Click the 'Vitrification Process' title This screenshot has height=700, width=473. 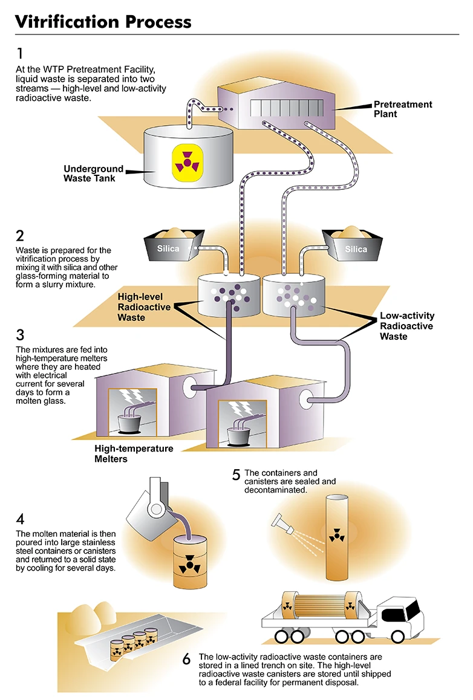pyautogui.click(x=103, y=21)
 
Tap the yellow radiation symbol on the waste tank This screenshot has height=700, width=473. pyautogui.click(x=188, y=163)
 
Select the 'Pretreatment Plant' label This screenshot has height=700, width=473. pyautogui.click(x=403, y=109)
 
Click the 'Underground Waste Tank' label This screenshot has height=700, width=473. pyautogui.click(x=93, y=173)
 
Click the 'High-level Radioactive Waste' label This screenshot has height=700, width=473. pyautogui.click(x=144, y=306)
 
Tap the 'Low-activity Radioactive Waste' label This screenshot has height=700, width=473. pyautogui.click(x=407, y=326)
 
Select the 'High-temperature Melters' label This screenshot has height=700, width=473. pyautogui.click(x=134, y=453)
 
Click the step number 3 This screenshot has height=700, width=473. pyautogui.click(x=20, y=334)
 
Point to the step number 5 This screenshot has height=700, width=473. pyautogui.click(x=236, y=475)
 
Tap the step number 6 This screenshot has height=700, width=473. pyautogui.click(x=187, y=658)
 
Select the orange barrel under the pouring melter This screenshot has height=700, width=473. pyautogui.click(x=190, y=562)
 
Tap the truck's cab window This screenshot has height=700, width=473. pyautogui.click(x=413, y=608)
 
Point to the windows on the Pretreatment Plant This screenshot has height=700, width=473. pyautogui.click(x=286, y=108)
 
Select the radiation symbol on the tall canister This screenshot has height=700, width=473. pyautogui.click(x=336, y=535)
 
